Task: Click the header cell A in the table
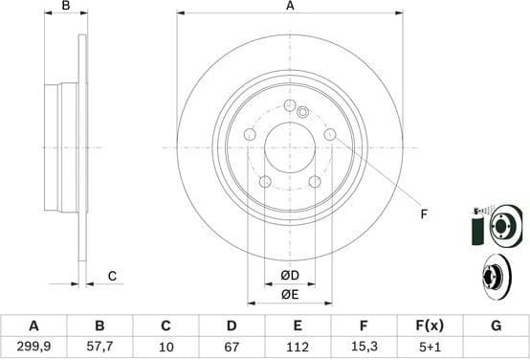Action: pos(33,326)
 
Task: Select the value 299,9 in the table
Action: pos(33,347)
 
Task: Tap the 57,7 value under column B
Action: pos(99,347)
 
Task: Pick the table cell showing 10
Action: pos(166,347)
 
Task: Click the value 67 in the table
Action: pos(232,347)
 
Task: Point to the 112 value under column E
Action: pos(298,347)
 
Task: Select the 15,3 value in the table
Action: pos(364,347)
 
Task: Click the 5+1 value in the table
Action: pos(430,347)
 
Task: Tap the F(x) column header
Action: pos(430,326)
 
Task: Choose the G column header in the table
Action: pos(496,326)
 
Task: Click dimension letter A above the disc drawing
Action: pos(291,6)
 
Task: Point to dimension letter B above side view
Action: pos(66,6)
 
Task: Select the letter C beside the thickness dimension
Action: pos(112,277)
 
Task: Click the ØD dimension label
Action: pos(291,277)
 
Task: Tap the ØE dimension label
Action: pos(291,295)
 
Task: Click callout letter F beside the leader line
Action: pos(424,214)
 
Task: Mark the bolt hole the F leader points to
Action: pos(330,135)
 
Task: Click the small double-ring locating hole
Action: pos(302,112)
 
